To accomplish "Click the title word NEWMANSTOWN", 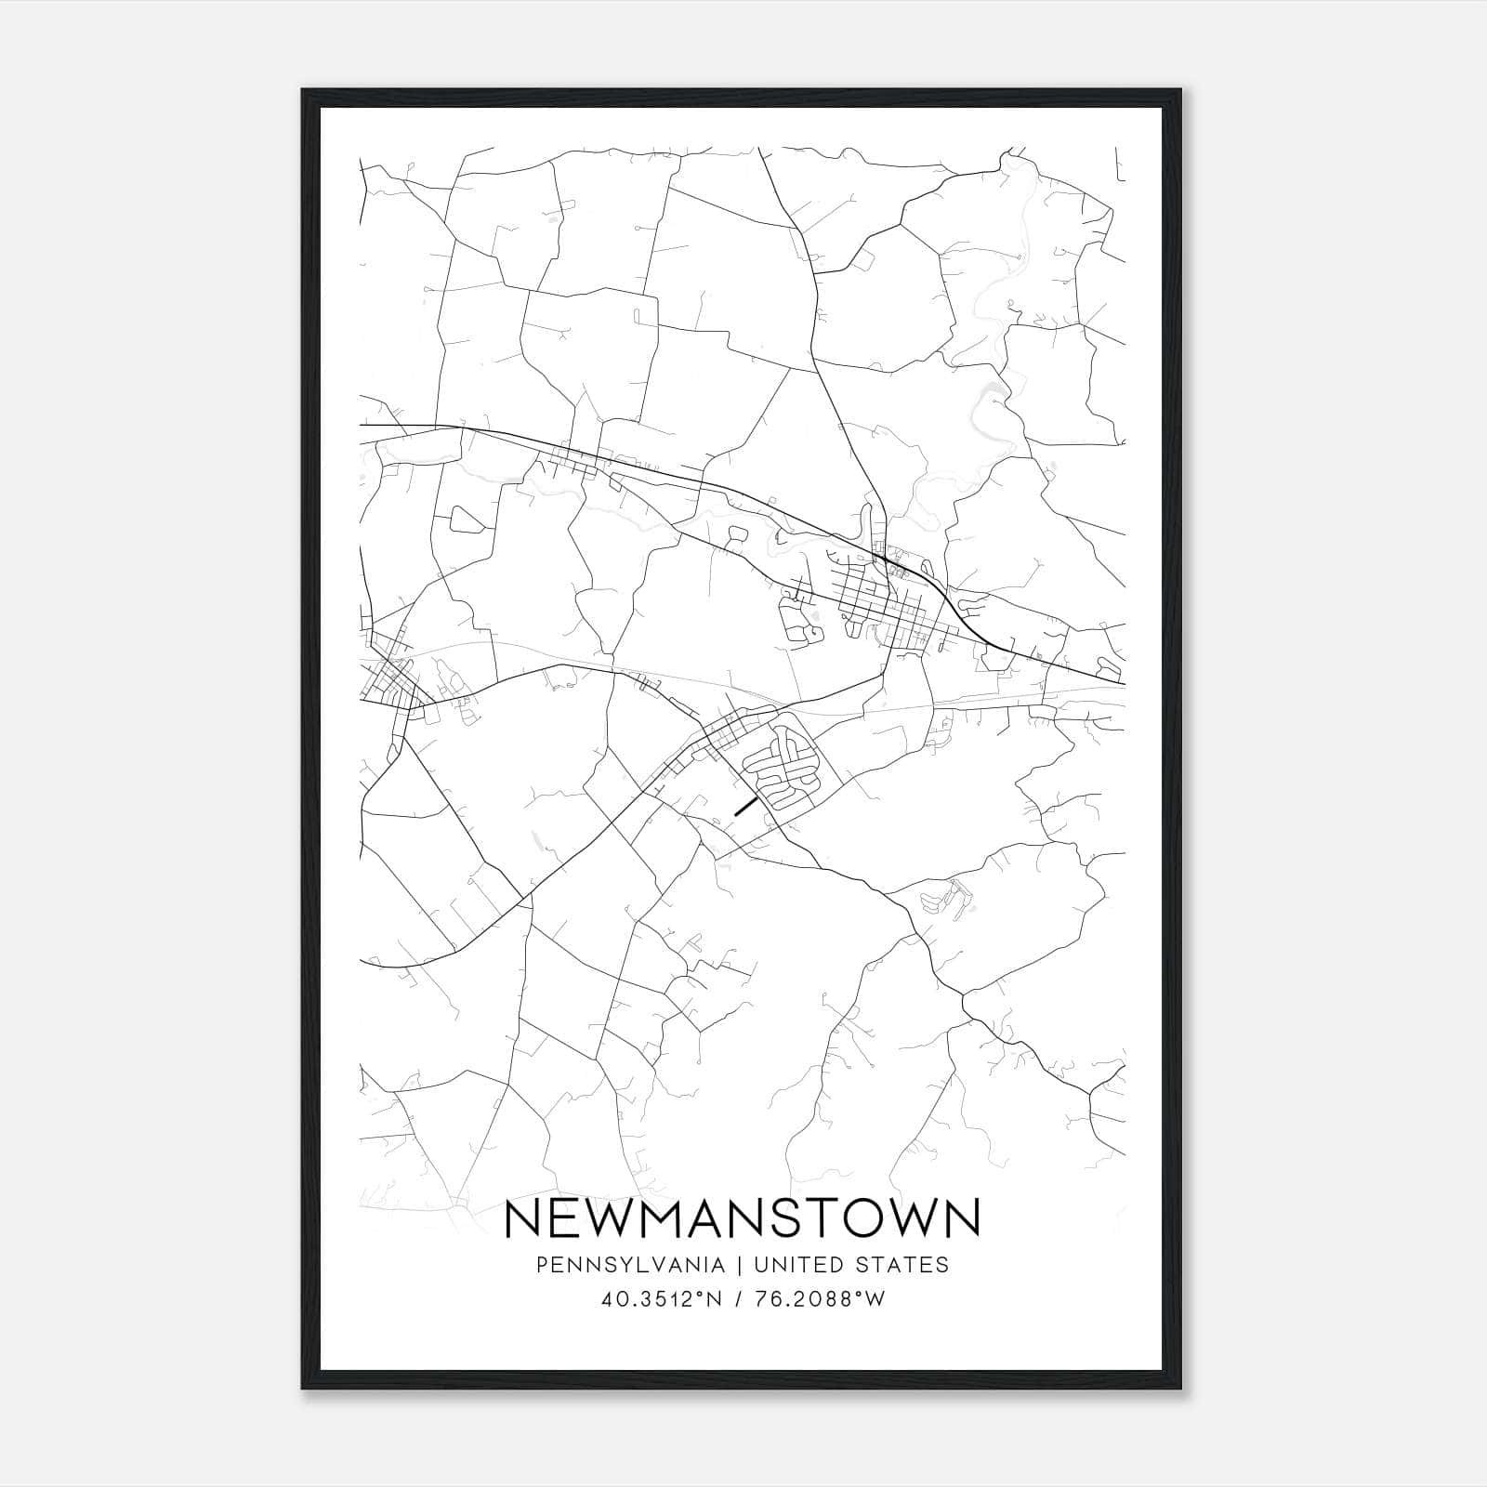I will click(742, 1218).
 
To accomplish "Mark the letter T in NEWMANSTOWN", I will click(830, 1218).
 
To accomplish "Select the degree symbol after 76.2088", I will click(865, 1295).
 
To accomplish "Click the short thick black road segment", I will click(745, 805).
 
